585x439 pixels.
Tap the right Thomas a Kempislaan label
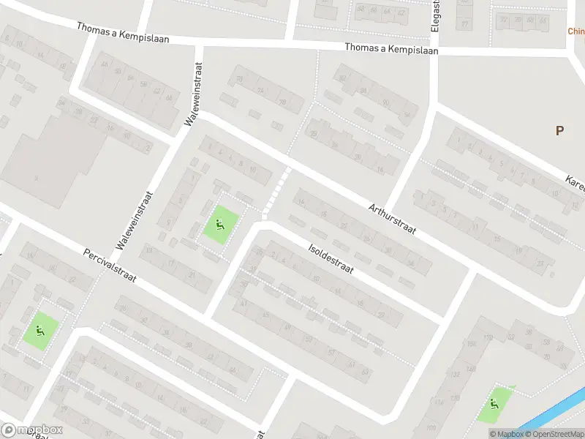click(x=391, y=49)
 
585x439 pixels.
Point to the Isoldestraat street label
click(x=331, y=259)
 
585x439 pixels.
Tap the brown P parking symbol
click(x=559, y=131)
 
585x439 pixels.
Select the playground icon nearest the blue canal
click(x=495, y=403)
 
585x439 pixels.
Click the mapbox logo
click(x=32, y=430)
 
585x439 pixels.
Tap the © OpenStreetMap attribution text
click(x=552, y=434)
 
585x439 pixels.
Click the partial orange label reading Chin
click(x=576, y=31)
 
